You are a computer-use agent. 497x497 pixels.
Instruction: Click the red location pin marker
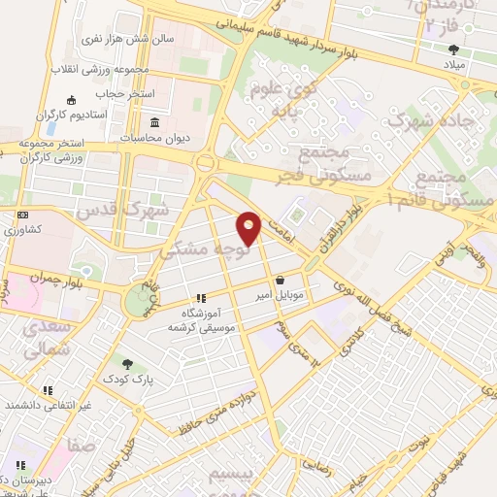[249, 229]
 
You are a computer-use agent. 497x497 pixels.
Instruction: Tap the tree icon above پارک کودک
[127, 363]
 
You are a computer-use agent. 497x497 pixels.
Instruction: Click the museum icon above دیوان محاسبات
[155, 122]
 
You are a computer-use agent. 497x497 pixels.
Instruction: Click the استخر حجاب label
[116, 93]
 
